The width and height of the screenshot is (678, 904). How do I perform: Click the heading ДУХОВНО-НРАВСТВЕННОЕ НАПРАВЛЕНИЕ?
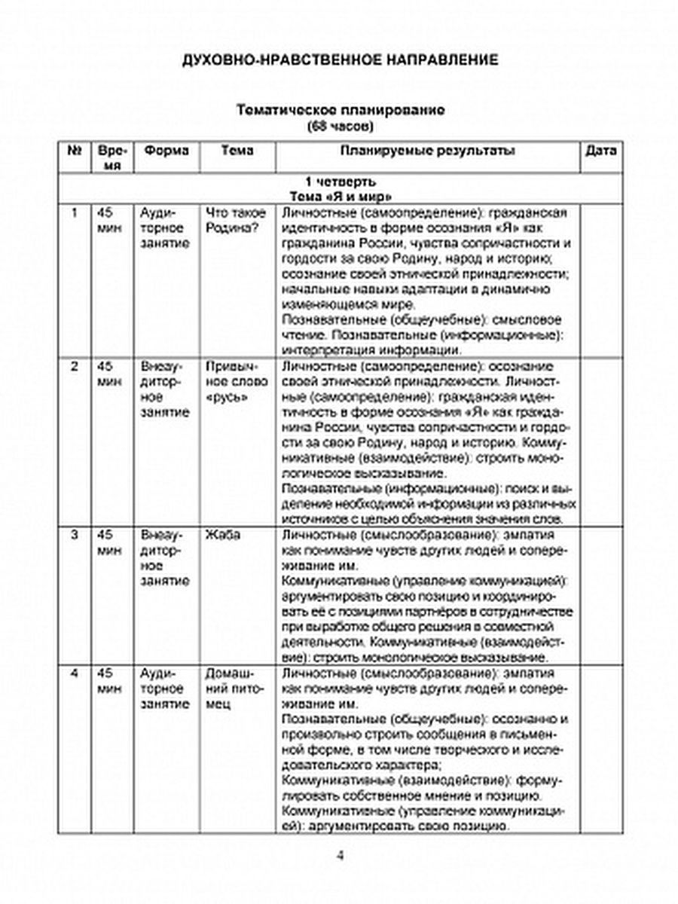(339, 60)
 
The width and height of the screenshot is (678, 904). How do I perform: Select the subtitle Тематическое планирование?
(340, 110)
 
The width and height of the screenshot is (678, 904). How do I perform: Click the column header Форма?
(166, 151)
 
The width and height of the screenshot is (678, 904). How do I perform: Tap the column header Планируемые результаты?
(426, 151)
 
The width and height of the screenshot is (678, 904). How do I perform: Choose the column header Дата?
(600, 151)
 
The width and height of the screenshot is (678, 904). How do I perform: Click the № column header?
(74, 151)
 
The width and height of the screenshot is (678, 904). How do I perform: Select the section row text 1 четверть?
(340, 182)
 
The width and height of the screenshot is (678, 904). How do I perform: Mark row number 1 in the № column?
(74, 213)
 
